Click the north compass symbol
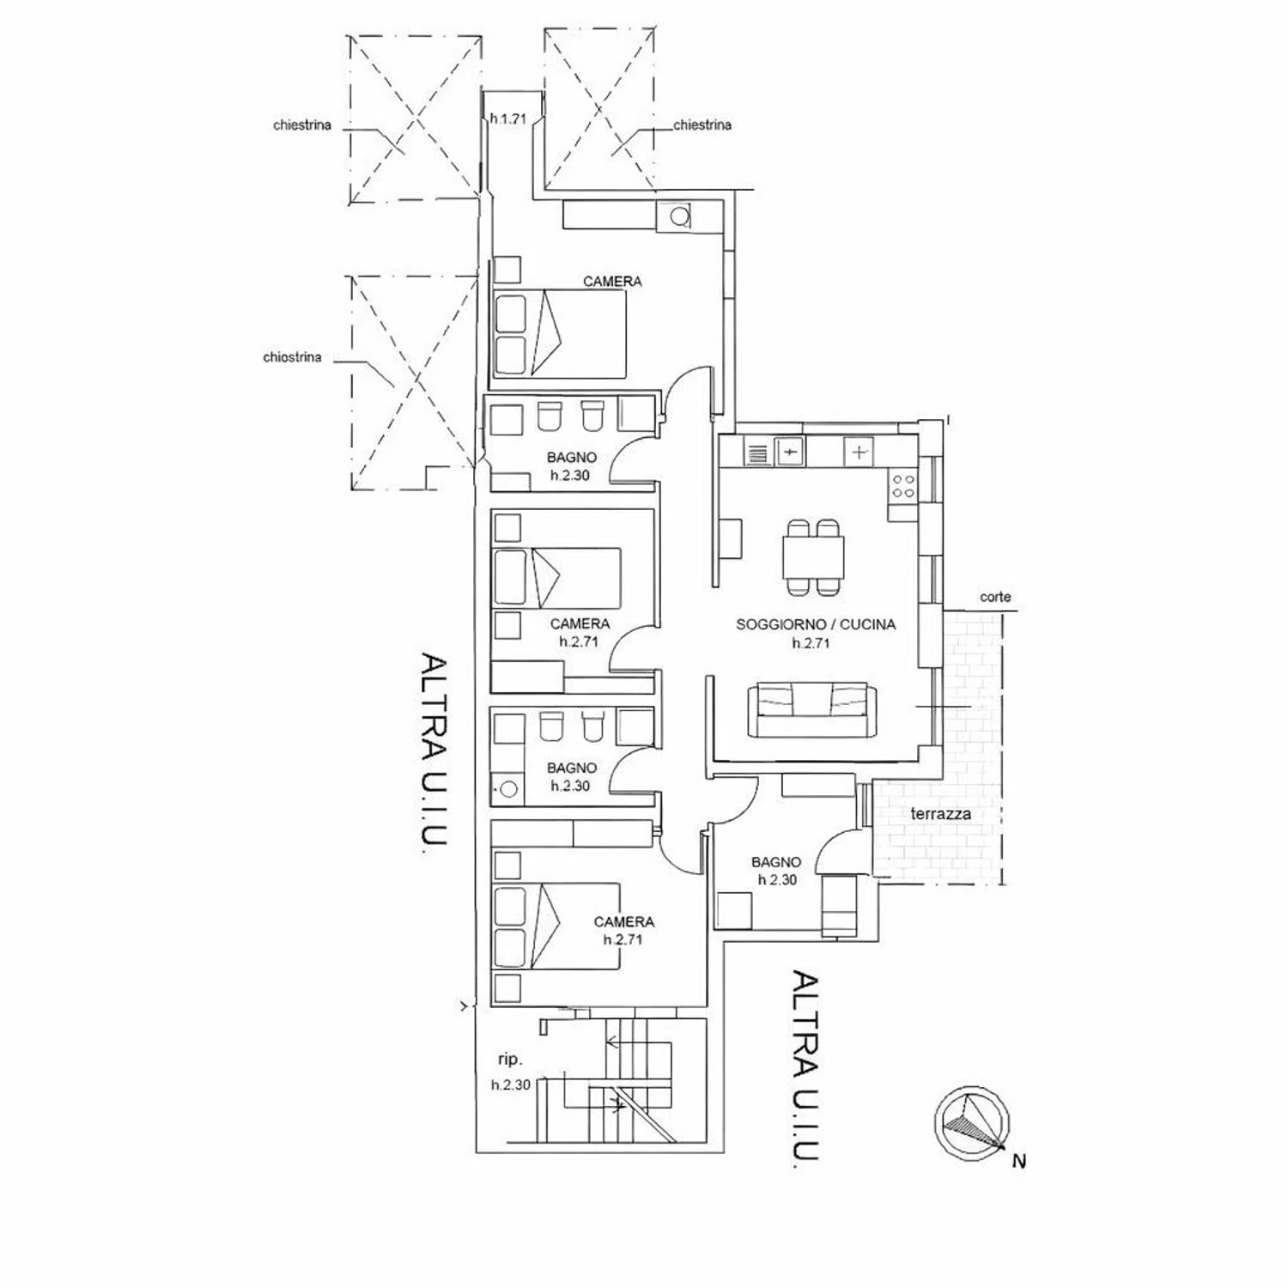click(971, 1123)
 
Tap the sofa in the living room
click(811, 710)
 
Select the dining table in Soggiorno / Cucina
click(812, 557)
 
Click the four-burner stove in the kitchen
click(902, 486)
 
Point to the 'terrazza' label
click(941, 813)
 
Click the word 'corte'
click(995, 597)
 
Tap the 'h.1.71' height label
click(507, 119)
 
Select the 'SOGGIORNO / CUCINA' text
click(816, 624)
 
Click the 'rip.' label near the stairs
click(510, 1060)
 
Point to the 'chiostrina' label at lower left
click(292, 357)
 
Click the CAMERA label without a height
click(612, 281)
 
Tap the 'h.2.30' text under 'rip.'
click(511, 1085)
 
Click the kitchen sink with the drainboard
click(774, 451)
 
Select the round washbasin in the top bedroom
click(680, 216)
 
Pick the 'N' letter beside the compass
click(1019, 1162)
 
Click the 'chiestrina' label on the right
click(702, 125)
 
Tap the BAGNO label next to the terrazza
click(776, 862)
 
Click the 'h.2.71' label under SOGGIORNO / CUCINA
click(811, 643)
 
